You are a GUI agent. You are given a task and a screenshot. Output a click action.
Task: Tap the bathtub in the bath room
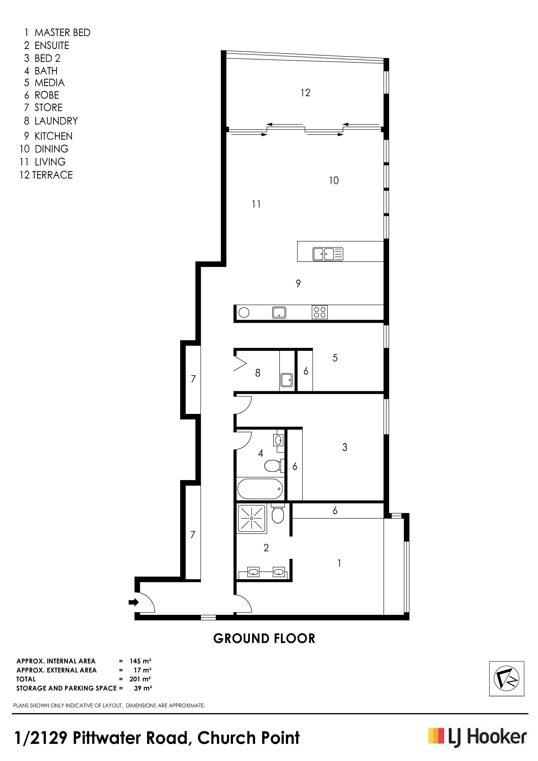coord(260,489)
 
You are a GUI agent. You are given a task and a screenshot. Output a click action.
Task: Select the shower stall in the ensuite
coord(252,518)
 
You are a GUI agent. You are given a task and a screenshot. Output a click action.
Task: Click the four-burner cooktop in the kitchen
coord(320,312)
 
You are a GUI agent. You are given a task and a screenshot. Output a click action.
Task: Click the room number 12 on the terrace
coord(305,93)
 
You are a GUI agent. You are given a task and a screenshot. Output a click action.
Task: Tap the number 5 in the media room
coord(335,358)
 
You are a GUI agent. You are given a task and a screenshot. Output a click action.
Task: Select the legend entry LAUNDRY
coord(56,121)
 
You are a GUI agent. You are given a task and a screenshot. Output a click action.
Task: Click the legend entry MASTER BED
coord(62,33)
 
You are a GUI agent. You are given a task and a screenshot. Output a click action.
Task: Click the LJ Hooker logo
coord(477,738)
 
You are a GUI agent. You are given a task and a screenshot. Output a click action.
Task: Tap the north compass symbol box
coord(507,679)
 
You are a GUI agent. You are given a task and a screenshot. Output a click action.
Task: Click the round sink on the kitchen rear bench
coord(244,312)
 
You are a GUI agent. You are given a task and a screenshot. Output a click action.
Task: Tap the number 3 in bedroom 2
coord(345,448)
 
